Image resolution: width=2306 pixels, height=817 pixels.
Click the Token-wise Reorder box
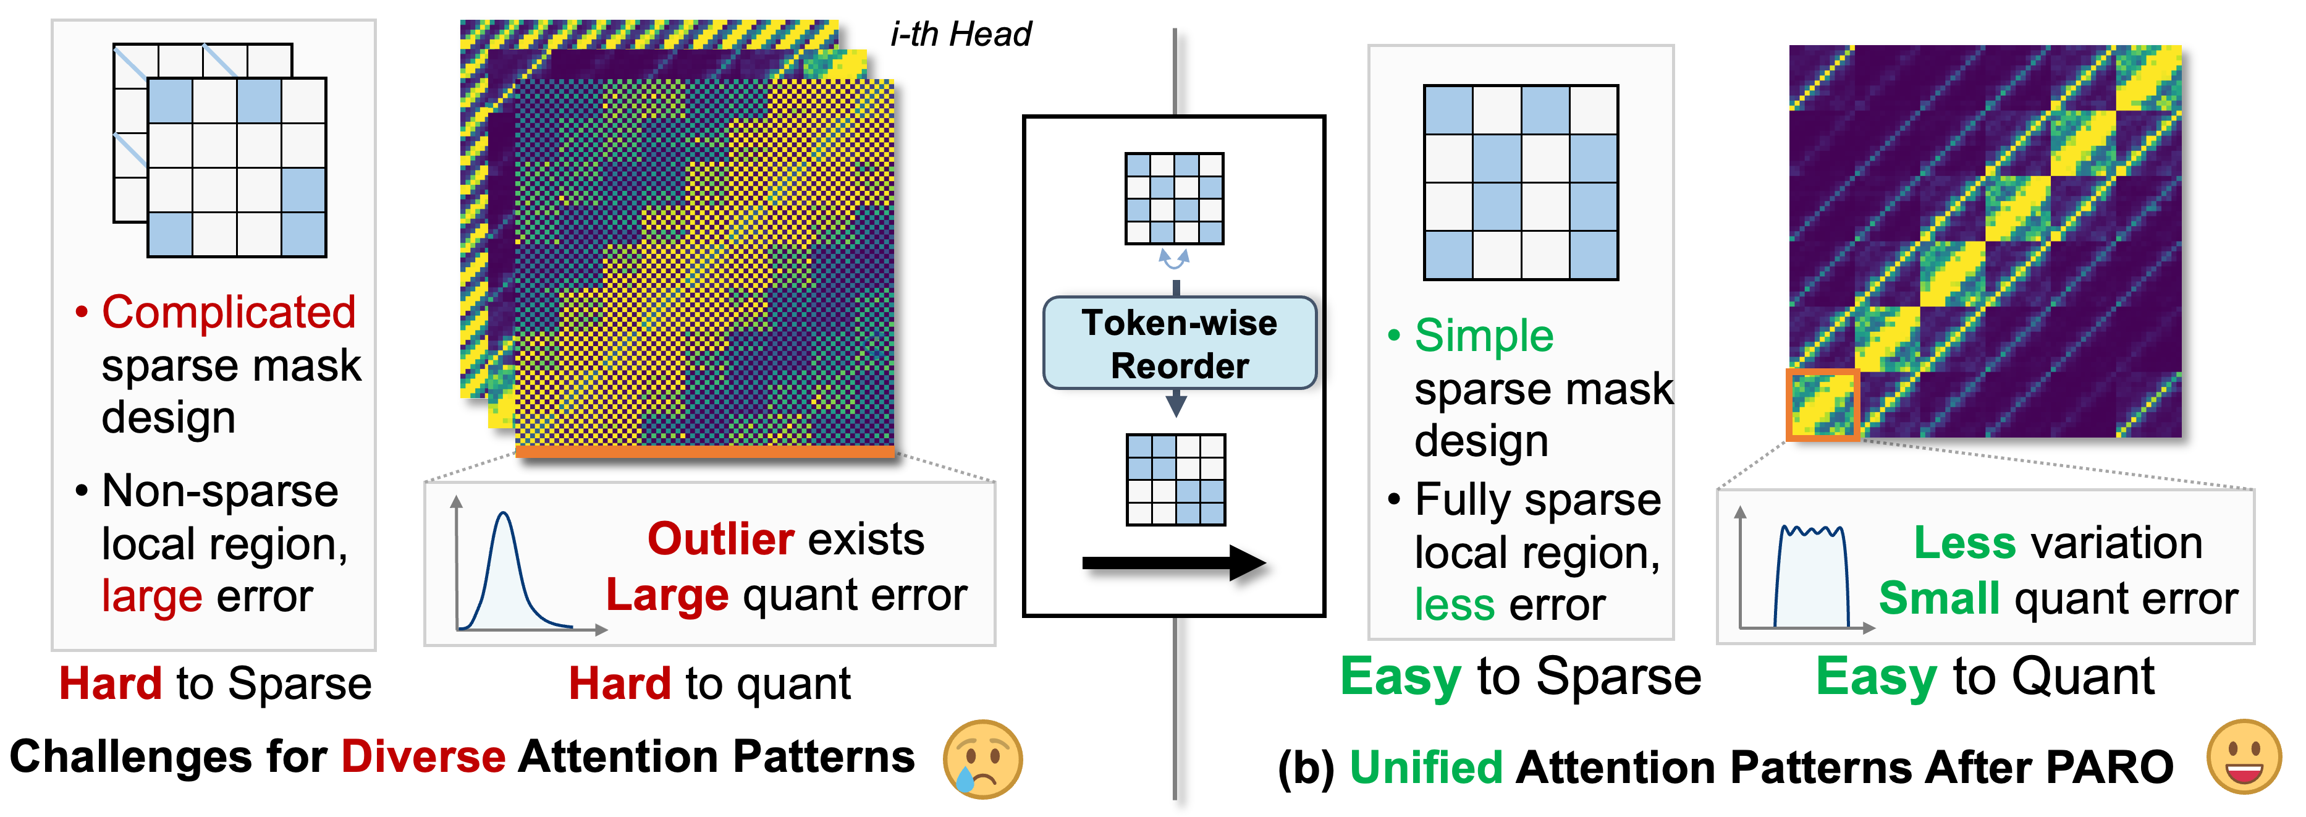[x=1179, y=343]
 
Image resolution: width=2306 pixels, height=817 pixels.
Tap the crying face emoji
[x=982, y=759]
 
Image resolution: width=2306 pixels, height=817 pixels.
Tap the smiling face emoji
[x=2244, y=757]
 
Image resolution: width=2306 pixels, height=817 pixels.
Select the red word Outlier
[x=720, y=539]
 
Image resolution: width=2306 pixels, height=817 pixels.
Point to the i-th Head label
[x=961, y=34]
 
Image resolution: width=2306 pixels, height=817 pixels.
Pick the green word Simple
[x=1484, y=336]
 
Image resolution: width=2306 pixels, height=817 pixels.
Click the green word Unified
[x=1425, y=768]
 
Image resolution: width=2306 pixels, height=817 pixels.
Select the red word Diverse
[x=423, y=757]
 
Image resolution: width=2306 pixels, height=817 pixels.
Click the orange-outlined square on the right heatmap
[x=1823, y=404]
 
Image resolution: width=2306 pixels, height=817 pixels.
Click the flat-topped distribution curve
[x=1812, y=577]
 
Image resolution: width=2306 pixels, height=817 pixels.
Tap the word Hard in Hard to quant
[x=620, y=684]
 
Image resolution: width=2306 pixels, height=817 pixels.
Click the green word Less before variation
[x=1964, y=543]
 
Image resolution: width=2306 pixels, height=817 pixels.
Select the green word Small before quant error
[x=1938, y=598]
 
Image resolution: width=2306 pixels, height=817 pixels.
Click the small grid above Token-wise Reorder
[x=1173, y=198]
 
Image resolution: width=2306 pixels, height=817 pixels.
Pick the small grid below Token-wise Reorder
[x=1175, y=480]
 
